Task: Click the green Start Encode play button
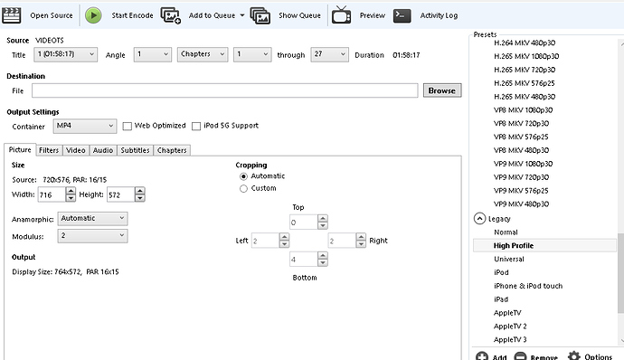pos(93,15)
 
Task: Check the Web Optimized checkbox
pos(128,127)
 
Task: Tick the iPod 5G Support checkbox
pos(196,127)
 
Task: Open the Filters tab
pos(49,150)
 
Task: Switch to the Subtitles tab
pos(135,150)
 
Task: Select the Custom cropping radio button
pos(243,188)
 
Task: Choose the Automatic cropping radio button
pos(243,176)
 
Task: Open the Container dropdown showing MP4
pos(85,126)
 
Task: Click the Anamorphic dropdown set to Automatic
pos(92,218)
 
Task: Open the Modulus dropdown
pos(92,236)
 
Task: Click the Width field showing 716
pos(52,194)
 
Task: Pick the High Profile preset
pos(514,246)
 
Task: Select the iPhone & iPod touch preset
pos(528,286)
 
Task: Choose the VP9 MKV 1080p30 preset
pos(523,164)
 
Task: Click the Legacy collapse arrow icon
pos(479,219)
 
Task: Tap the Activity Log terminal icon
pos(402,15)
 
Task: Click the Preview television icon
pos(342,15)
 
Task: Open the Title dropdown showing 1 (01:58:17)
pos(66,54)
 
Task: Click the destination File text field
pos(225,90)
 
